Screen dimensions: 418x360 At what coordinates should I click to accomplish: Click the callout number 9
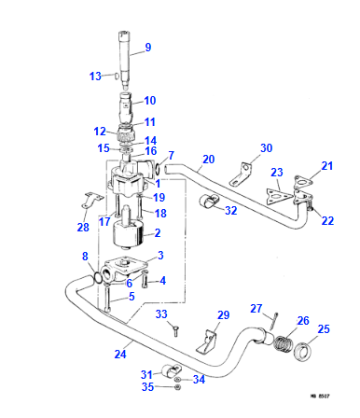tap(147, 47)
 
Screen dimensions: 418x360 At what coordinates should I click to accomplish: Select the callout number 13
tap(94, 76)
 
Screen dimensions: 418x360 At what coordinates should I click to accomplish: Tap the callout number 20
tap(207, 160)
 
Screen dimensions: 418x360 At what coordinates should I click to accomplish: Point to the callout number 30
tap(266, 148)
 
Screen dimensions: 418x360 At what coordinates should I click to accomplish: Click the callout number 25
tap(324, 329)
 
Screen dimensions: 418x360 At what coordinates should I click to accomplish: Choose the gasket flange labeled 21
tap(302, 183)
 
